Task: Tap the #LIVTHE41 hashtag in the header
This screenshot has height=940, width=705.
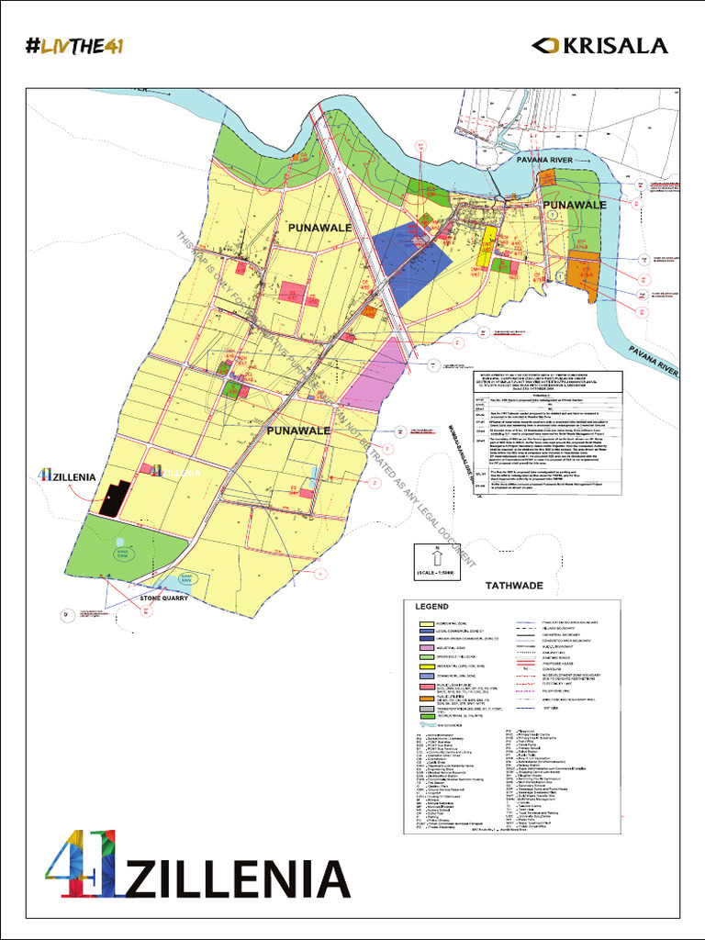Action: pyautogui.click(x=76, y=46)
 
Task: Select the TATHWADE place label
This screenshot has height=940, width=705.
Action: pyautogui.click(x=513, y=585)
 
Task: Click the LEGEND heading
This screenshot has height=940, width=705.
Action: pyautogui.click(x=431, y=607)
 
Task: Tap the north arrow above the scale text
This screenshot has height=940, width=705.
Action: pyautogui.click(x=437, y=554)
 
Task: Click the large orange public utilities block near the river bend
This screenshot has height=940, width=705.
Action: pyautogui.click(x=583, y=272)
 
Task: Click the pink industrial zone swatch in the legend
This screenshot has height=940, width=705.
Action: pyautogui.click(x=426, y=647)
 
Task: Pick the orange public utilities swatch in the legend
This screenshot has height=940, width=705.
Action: pyautogui.click(x=426, y=698)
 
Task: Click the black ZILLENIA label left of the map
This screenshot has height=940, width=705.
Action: pyautogui.click(x=70, y=476)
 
